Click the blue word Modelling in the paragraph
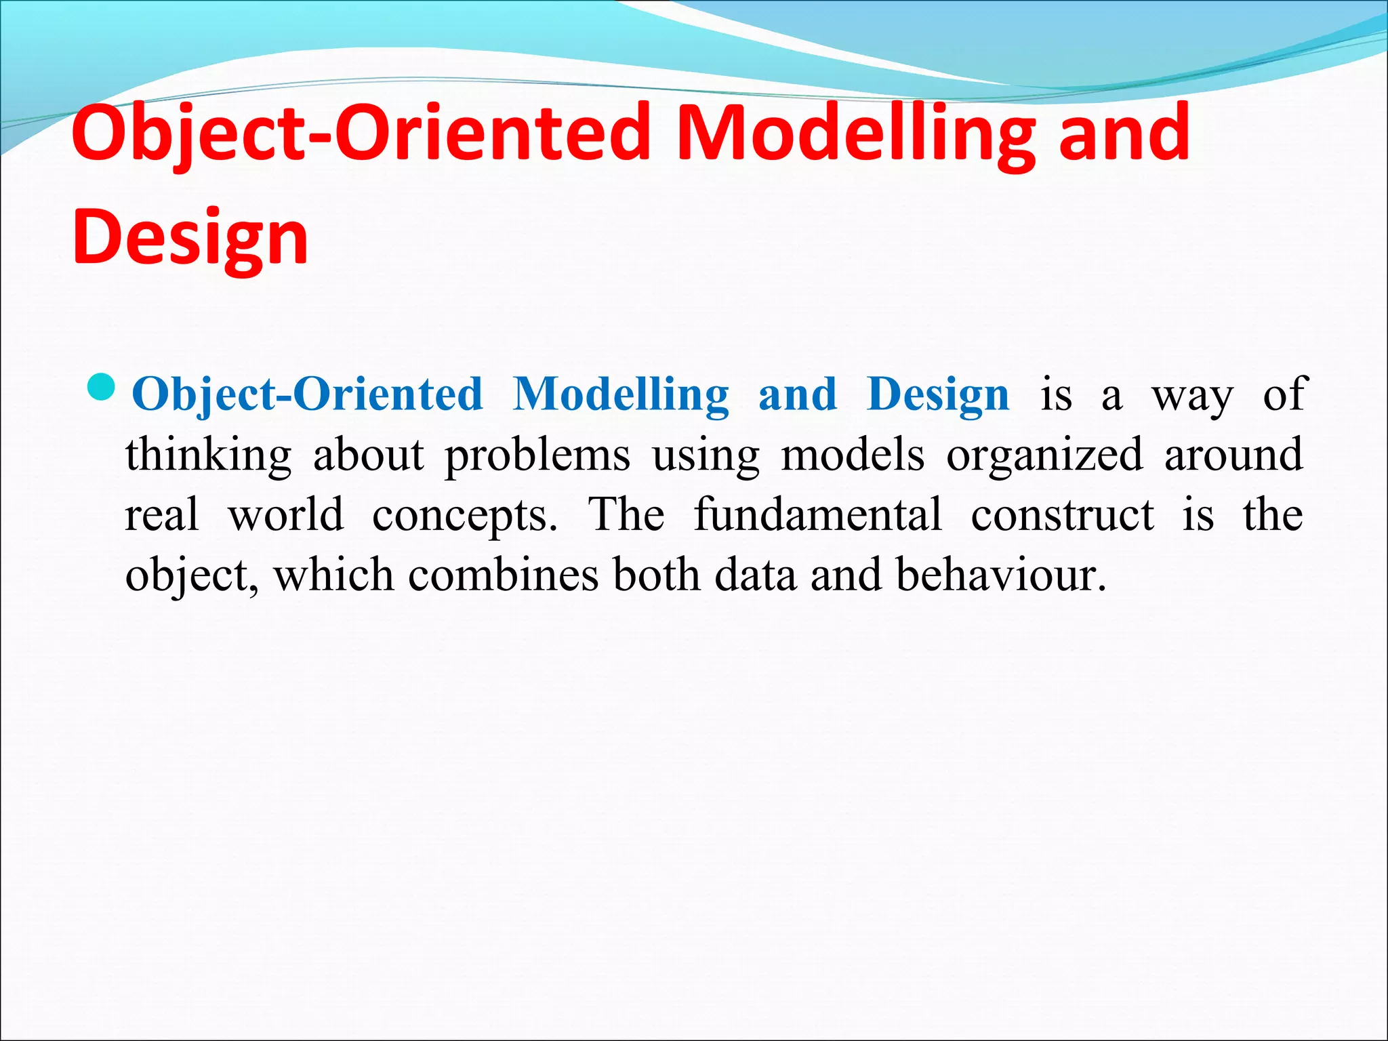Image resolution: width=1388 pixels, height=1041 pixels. [621, 394]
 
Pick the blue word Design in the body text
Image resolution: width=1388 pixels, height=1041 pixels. [938, 394]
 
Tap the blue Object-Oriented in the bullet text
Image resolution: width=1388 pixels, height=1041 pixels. [307, 394]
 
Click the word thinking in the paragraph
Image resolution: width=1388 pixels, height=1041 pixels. [208, 455]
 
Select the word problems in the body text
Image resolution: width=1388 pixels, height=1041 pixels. [537, 455]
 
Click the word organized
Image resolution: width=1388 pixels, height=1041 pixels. [1044, 455]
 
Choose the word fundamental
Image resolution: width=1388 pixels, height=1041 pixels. [818, 514]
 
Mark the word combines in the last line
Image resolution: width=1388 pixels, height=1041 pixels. [504, 575]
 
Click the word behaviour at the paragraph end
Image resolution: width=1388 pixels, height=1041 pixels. [1000, 575]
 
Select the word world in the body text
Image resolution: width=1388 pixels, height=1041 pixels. [286, 515]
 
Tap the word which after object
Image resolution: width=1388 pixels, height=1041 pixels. [333, 575]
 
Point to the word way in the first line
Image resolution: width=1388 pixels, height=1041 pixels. [1192, 396]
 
